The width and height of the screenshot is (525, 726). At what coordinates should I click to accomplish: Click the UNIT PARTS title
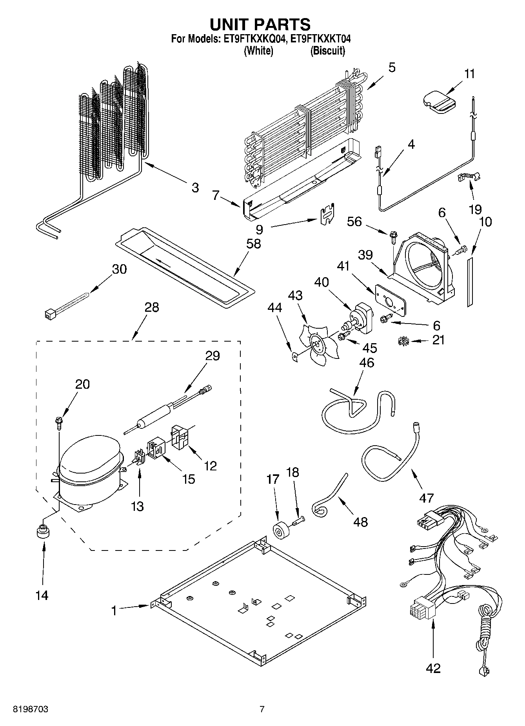260,24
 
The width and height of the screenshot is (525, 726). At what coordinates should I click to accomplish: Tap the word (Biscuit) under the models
327,51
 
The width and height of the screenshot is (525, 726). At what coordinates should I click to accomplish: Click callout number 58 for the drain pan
253,244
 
